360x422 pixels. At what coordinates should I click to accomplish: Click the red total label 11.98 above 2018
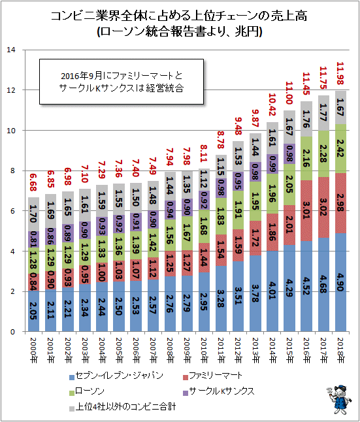pos(340,73)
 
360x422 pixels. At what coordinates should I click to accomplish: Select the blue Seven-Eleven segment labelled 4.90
pos(340,282)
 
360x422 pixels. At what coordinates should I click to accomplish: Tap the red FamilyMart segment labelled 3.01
pos(306,210)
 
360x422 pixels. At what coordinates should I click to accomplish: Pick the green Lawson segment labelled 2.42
pos(340,148)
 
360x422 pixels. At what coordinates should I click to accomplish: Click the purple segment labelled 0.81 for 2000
pos(34,239)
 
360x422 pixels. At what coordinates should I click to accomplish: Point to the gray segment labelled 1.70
pos(34,214)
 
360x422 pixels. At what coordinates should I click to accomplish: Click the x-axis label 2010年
pos(204,350)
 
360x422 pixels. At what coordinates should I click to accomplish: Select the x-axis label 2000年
pos(33,350)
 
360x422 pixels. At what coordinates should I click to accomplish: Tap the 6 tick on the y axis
pos(12,211)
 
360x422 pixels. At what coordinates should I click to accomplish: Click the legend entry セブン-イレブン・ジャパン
pos(116,376)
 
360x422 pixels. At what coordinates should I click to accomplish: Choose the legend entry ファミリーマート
pos(212,376)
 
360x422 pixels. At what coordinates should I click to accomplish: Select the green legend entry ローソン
pos(87,391)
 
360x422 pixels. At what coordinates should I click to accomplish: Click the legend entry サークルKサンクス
pos(218,391)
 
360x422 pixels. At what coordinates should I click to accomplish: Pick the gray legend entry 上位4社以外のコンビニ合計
pos(123,406)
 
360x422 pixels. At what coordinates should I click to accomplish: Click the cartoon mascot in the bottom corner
pos(339,399)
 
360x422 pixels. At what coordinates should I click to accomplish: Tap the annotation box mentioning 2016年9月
pos(122,82)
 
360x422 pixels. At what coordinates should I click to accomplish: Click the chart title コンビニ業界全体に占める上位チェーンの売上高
pos(179,16)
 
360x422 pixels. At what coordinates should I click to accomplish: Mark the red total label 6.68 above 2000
pos(33,182)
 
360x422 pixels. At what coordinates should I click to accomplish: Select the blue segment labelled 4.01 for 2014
pos(272,291)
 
